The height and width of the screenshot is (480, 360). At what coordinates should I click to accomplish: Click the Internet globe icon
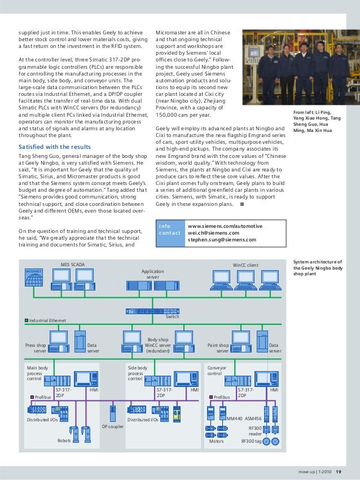point(33,275)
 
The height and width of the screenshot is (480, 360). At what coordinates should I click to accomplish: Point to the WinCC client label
point(245,265)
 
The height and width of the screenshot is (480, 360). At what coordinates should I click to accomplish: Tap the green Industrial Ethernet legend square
point(26,320)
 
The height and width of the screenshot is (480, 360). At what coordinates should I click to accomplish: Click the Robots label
point(64,440)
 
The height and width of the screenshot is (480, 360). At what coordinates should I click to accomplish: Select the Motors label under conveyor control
point(217,441)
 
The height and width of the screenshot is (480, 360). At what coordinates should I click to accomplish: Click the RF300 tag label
point(251,441)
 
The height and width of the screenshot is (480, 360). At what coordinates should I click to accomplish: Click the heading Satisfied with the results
point(55,147)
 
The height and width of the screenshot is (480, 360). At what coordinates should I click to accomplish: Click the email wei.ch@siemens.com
point(213,232)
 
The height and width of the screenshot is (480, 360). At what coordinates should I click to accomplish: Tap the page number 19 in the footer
point(338,472)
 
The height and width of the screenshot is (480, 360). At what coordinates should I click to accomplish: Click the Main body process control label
point(38,373)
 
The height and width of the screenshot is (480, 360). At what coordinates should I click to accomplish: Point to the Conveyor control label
point(217,370)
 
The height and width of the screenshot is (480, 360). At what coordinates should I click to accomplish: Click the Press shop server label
point(36,348)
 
